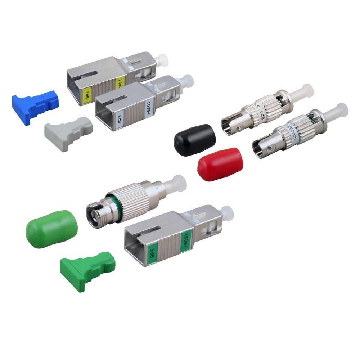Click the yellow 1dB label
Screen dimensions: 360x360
87,95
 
